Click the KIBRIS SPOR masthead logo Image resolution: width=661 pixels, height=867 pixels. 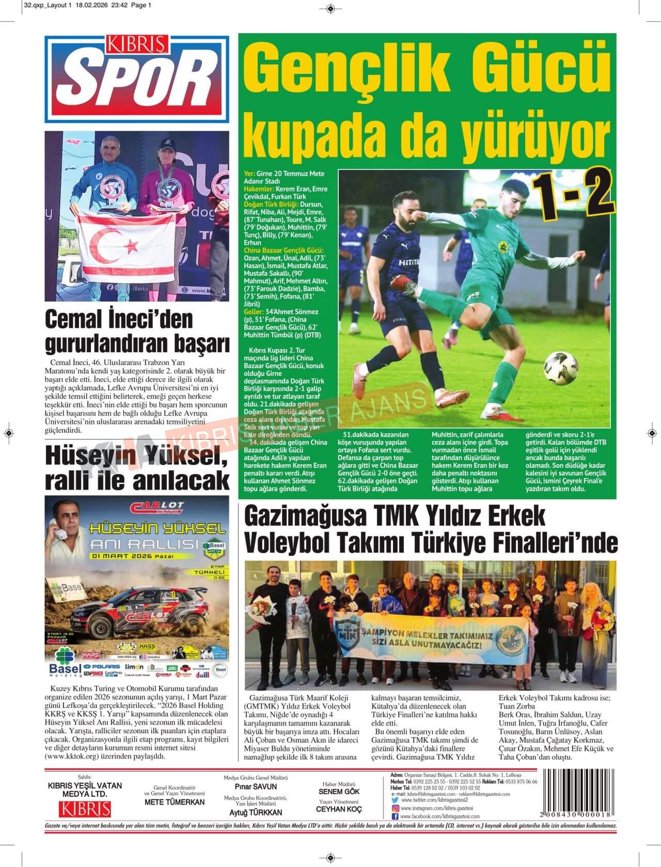point(137,78)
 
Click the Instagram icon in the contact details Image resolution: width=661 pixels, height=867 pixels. point(395,808)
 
